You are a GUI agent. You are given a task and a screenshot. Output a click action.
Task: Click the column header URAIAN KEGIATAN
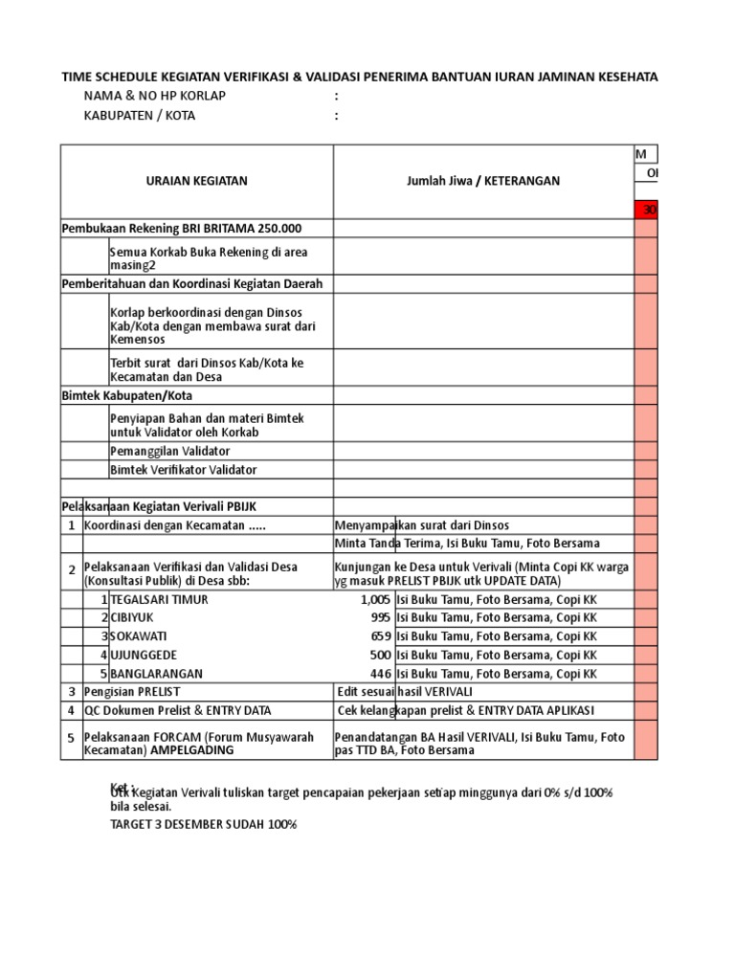196,181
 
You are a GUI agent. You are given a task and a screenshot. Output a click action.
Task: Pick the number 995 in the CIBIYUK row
379,617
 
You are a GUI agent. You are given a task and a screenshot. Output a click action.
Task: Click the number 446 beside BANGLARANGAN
379,673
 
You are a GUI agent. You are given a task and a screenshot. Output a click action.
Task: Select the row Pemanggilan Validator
170,451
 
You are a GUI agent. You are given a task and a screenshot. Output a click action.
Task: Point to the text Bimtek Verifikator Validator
184,470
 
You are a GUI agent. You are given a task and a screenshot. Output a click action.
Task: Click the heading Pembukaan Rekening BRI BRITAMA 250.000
182,229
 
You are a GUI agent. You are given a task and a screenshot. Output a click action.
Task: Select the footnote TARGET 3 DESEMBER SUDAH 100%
204,824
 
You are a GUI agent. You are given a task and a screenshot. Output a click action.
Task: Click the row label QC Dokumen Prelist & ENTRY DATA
178,710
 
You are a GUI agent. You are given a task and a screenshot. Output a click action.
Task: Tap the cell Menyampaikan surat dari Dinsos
422,525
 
